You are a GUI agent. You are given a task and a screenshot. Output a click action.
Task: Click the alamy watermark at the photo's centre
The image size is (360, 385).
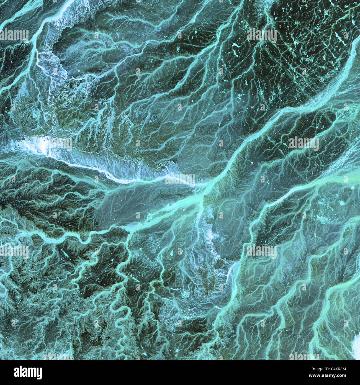click(x=180, y=180)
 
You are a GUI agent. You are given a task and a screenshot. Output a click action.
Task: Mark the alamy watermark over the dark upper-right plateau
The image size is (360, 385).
click(x=261, y=35)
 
